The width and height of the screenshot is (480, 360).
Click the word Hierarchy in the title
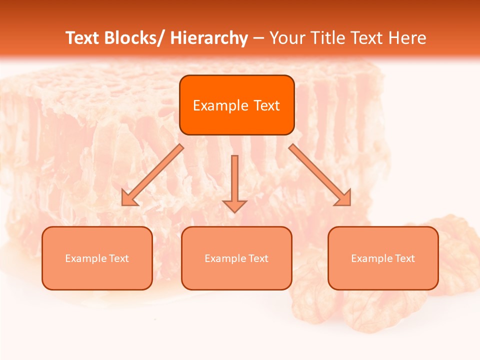point(209,38)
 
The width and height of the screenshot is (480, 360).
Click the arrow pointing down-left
point(152,175)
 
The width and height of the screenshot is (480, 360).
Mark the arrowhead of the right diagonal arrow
point(344,199)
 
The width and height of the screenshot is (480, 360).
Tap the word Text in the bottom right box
point(405,258)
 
